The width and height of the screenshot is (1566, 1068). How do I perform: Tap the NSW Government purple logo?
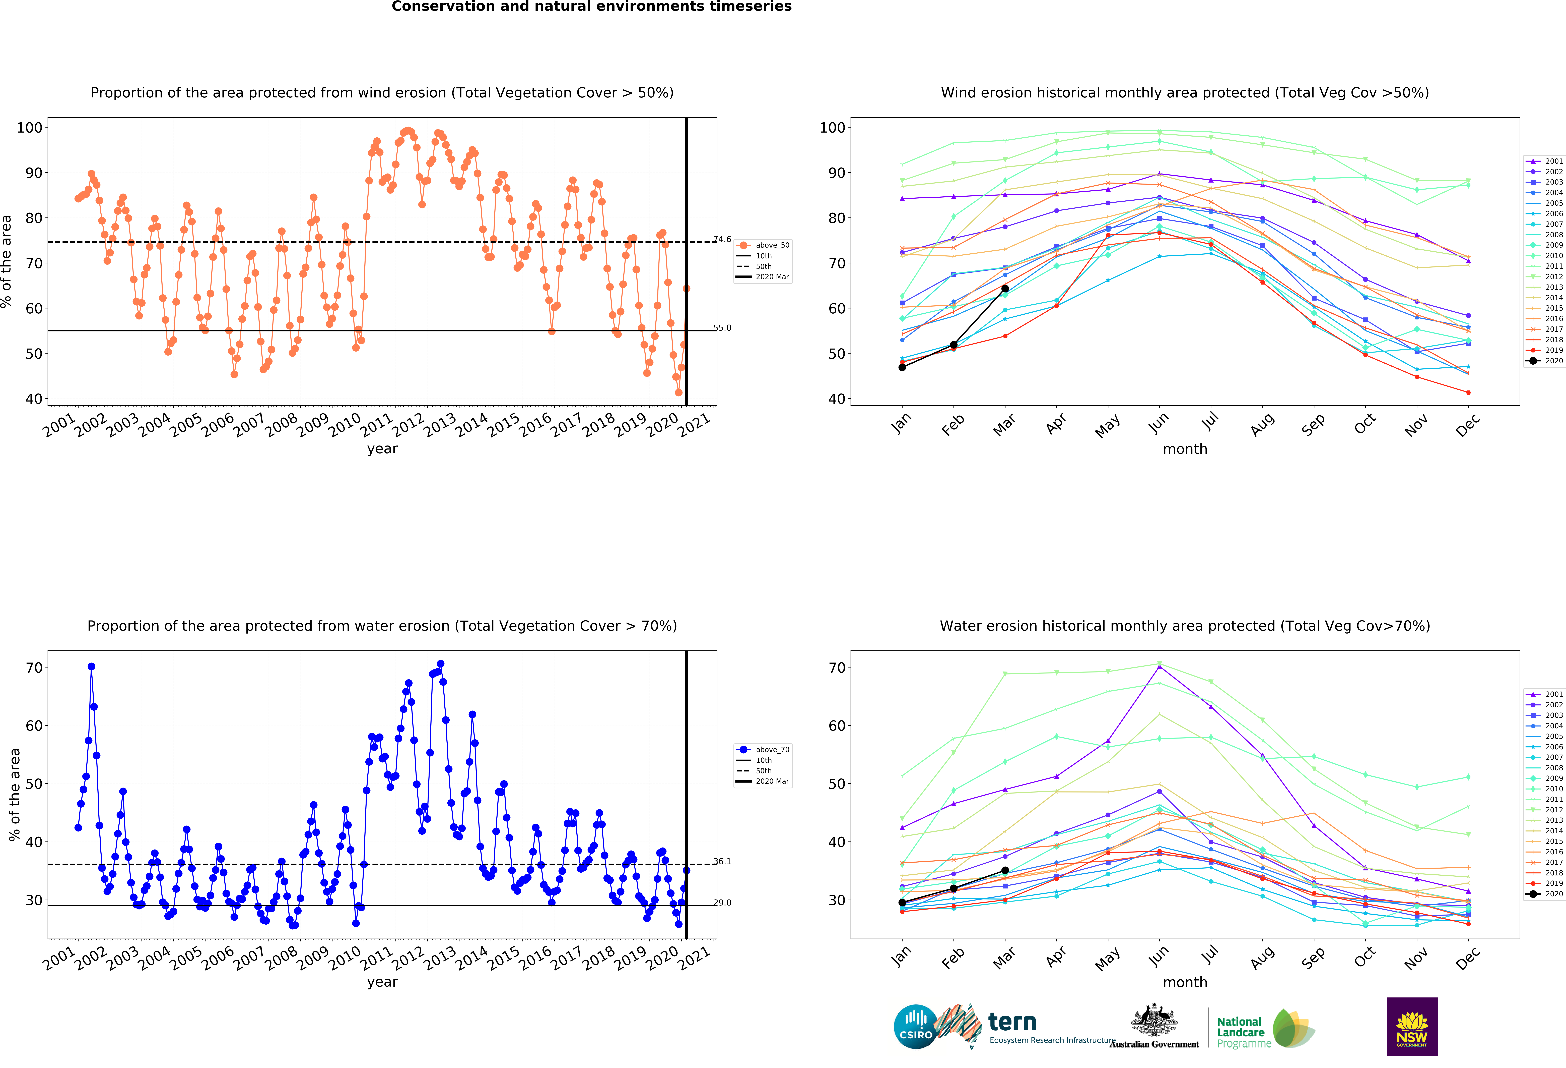[1412, 1026]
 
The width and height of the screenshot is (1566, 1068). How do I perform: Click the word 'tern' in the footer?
[1012, 1022]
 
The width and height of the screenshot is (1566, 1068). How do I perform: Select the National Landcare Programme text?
[1244, 1032]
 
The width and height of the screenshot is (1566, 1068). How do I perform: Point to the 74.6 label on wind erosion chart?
[722, 239]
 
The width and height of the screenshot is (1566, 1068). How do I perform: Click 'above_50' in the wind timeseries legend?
[772, 245]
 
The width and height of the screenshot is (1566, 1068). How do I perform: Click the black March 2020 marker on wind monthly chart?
[1005, 289]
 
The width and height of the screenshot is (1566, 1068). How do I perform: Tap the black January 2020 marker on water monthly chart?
[902, 903]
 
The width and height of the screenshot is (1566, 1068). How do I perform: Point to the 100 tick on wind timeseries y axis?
[30, 127]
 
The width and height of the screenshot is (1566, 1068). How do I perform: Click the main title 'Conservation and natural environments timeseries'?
[592, 7]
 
